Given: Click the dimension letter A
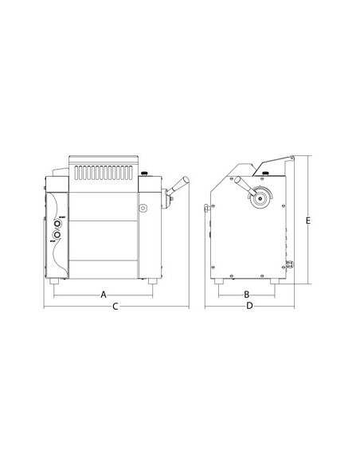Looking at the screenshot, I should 103,295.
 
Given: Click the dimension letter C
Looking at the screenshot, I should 115,307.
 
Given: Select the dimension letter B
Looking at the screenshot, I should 248,295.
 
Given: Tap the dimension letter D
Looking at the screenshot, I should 249,307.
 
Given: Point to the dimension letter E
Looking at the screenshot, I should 307,220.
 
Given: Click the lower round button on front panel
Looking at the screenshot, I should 58,236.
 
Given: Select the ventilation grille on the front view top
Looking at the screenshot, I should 104,171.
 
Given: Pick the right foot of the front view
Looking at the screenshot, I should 151,281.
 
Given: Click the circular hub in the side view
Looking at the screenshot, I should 257,200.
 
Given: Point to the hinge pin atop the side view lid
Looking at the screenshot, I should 293,158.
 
